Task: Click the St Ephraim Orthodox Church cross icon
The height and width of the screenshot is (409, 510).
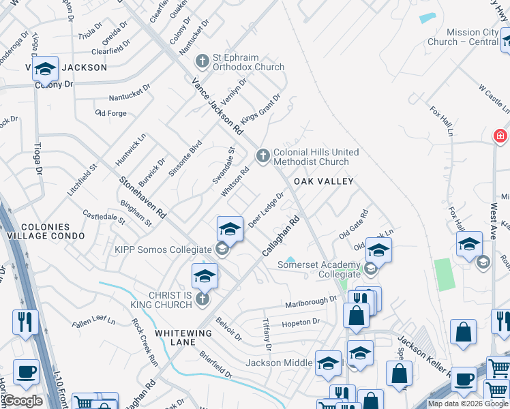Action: click(201, 61)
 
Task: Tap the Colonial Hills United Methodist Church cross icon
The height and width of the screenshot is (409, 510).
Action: click(262, 157)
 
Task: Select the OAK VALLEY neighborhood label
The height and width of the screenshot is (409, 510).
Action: click(324, 181)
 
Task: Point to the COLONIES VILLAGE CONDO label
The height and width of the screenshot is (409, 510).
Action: click(45, 231)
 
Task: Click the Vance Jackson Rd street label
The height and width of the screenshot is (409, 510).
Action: click(217, 106)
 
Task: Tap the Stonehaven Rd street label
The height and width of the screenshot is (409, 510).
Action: click(143, 198)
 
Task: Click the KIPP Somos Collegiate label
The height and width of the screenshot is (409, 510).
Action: click(166, 250)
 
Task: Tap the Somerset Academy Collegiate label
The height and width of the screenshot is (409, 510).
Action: click(318, 269)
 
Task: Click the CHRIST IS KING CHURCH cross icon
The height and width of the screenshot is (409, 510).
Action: click(202, 299)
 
